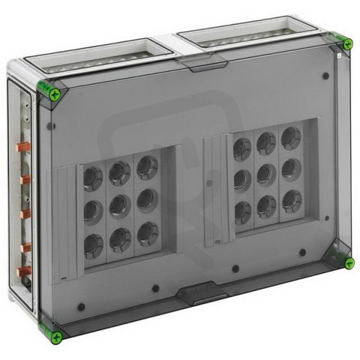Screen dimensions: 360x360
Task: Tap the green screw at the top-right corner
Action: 347,44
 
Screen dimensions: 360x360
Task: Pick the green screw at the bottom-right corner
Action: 349,262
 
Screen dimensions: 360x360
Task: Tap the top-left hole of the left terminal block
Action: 92,178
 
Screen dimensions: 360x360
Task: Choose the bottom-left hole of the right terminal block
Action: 242,211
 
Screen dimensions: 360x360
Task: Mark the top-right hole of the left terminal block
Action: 146,166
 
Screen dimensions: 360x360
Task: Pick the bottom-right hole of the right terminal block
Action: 290,199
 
